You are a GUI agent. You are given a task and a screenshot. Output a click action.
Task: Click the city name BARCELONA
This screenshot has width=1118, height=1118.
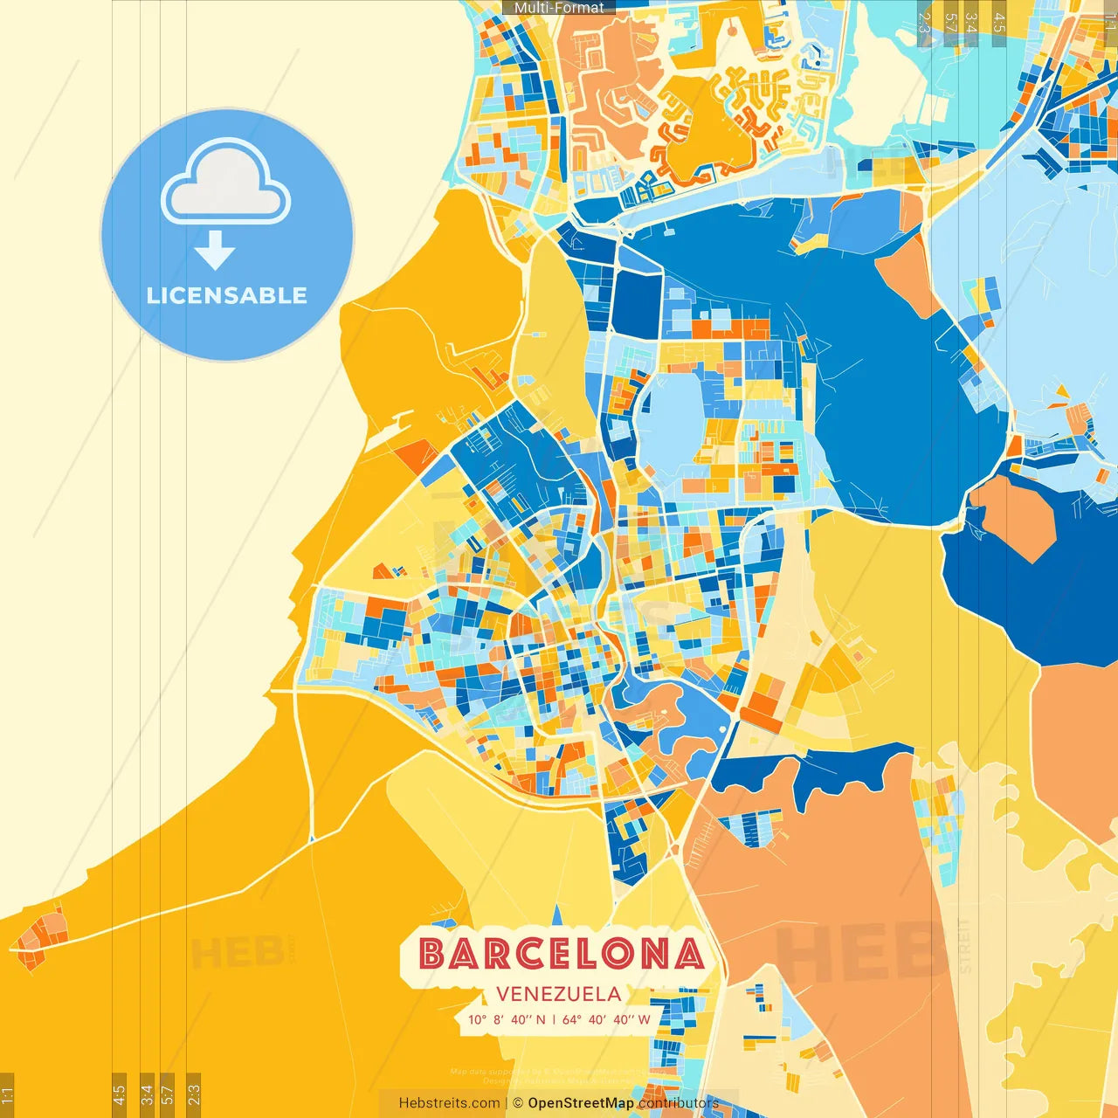click(x=561, y=954)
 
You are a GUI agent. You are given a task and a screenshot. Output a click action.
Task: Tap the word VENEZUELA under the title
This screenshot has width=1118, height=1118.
click(x=559, y=994)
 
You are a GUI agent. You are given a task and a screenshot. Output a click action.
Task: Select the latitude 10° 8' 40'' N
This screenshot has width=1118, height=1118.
click(x=507, y=1019)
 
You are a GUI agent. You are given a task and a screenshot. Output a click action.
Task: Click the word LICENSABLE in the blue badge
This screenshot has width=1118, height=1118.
click(x=227, y=295)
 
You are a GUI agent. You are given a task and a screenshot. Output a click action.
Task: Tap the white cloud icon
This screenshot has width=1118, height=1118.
click(x=225, y=183)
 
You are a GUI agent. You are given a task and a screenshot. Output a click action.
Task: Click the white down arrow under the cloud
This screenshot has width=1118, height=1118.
click(x=215, y=251)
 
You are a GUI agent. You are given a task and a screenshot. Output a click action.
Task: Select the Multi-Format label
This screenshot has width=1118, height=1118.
click(x=559, y=7)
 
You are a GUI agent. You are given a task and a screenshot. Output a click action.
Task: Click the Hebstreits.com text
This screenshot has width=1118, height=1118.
click(x=449, y=1103)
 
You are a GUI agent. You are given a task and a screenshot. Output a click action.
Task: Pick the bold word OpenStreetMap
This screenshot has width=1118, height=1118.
click(x=581, y=1103)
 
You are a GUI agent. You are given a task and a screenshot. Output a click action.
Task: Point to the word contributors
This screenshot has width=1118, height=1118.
click(x=678, y=1103)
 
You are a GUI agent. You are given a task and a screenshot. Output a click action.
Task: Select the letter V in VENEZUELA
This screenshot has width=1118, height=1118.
click(x=503, y=994)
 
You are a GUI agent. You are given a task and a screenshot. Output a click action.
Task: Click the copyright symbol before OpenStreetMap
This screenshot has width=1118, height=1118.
click(x=517, y=1103)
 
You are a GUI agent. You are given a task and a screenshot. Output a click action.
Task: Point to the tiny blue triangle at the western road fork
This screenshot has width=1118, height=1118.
click(x=311, y=839)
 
